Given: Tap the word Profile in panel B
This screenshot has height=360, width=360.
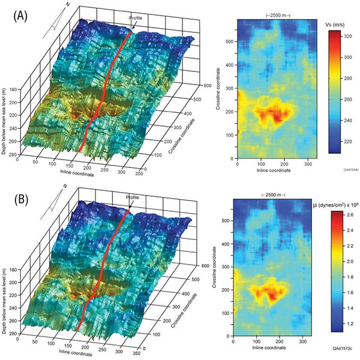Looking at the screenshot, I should pos(133,197).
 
